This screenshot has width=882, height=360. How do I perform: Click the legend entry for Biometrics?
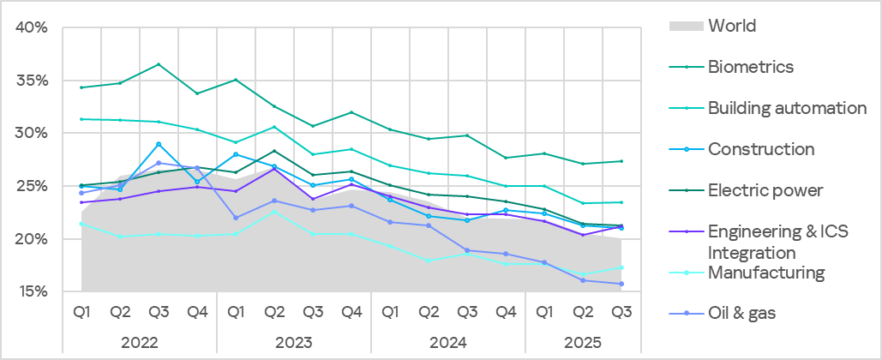point(751,67)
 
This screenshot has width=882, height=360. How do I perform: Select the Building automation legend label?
point(787,108)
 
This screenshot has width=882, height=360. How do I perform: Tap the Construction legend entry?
point(760,149)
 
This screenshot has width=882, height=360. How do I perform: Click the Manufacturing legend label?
point(765,273)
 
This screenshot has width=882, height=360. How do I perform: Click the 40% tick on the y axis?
point(31,28)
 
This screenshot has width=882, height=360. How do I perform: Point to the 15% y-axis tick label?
point(31,291)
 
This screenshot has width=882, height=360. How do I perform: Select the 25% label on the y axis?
point(31,186)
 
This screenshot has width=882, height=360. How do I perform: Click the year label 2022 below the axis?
point(139,342)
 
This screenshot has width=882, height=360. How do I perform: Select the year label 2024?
point(447,342)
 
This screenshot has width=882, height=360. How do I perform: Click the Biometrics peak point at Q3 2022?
point(159,64)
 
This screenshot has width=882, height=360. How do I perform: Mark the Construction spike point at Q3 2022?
point(159,144)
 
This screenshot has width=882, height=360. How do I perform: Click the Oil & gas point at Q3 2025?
point(621,284)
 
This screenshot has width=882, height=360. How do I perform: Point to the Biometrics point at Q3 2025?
point(621,161)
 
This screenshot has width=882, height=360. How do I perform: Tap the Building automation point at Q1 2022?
point(81,119)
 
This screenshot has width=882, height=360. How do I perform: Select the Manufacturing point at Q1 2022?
point(81,224)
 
